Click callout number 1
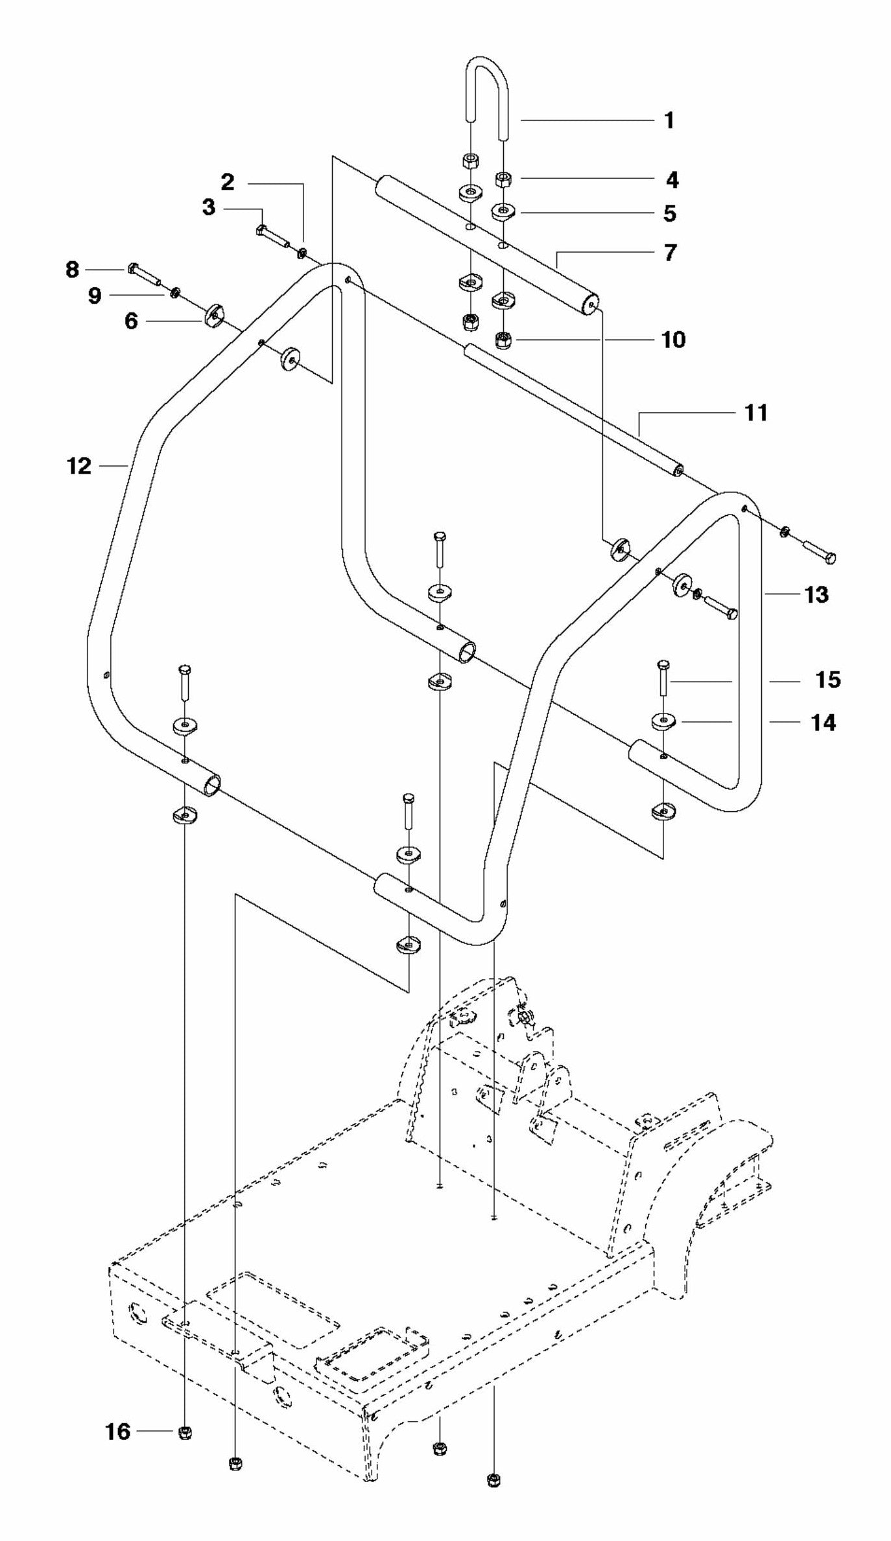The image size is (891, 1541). (669, 121)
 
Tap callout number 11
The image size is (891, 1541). (755, 412)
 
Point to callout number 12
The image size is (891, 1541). (79, 465)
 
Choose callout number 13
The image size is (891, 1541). (816, 594)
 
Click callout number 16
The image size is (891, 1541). (118, 1431)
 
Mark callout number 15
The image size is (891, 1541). (827, 680)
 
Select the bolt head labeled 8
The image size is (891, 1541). (133, 268)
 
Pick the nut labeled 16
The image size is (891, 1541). (185, 1431)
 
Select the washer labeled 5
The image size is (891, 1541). (503, 211)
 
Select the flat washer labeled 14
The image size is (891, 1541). (663, 721)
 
